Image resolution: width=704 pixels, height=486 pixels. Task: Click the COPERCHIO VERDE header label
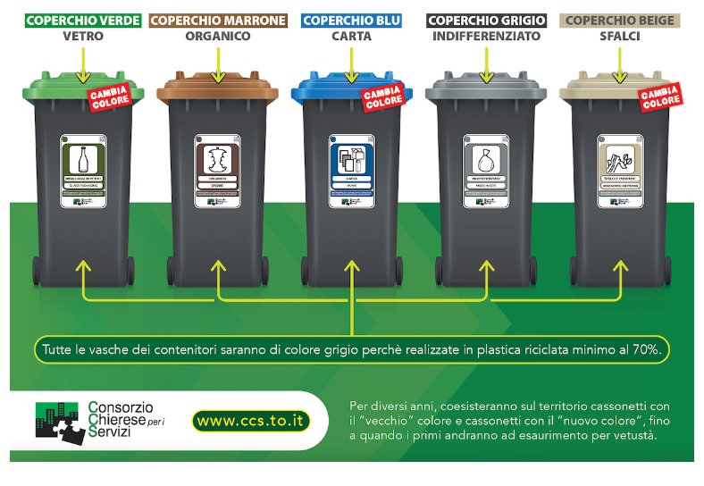(82, 21)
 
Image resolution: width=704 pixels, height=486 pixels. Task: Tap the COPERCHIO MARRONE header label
(219, 21)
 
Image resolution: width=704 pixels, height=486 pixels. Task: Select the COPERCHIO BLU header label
(352, 21)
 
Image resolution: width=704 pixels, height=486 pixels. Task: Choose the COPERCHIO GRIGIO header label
(486, 21)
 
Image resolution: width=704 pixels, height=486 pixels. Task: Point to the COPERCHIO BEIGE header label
(620, 21)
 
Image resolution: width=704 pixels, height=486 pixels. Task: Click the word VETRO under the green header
(82, 38)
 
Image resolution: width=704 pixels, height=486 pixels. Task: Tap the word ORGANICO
(219, 38)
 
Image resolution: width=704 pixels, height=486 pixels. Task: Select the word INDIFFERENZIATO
(486, 38)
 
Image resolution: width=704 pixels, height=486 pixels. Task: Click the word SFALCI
(620, 38)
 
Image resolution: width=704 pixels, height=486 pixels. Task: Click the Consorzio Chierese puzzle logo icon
(61, 421)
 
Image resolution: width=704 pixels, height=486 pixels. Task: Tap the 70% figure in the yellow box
(647, 349)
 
